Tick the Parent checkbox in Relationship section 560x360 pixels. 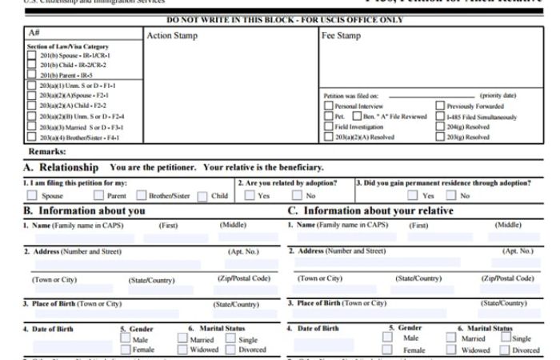[x=98, y=195]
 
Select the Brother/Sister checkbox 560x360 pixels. [x=142, y=195]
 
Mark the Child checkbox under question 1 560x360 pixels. [x=202, y=195]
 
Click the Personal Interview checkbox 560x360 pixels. [x=329, y=106]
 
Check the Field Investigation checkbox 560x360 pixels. [x=329, y=126]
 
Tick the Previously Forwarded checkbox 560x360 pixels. [x=440, y=106]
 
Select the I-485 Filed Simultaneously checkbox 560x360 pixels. [x=440, y=116]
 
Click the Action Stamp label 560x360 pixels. [x=171, y=36]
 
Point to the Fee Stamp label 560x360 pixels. [x=341, y=36]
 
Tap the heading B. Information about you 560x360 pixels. [x=84, y=210]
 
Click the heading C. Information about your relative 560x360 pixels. [x=370, y=210]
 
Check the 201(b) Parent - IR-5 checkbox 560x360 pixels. [x=32, y=74]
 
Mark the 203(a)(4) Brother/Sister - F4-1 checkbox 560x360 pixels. [x=32, y=137]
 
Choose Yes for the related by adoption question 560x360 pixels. [x=250, y=195]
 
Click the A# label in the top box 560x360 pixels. [x=34, y=33]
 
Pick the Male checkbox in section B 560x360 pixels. [x=126, y=338]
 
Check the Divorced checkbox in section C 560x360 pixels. [x=504, y=350]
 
